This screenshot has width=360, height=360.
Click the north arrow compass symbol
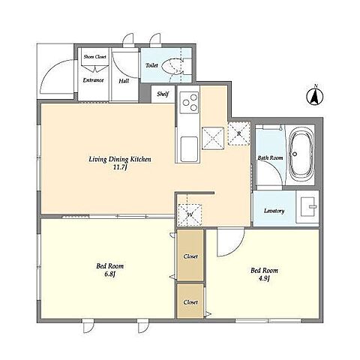(x=315, y=96)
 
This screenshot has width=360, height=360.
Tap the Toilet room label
(x=151, y=65)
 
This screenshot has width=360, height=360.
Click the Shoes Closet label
(x=95, y=57)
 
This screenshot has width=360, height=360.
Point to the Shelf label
(x=163, y=94)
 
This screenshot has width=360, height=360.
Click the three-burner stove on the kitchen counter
(x=189, y=103)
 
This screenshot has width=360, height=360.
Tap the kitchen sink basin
(x=189, y=148)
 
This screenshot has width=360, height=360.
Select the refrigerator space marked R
(x=239, y=133)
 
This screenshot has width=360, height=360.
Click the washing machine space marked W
(x=190, y=215)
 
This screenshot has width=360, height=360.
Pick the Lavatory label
(x=274, y=211)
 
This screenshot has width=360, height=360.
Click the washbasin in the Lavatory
(x=308, y=207)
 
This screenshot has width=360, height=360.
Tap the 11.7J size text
(x=120, y=167)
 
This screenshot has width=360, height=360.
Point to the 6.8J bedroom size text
(x=110, y=274)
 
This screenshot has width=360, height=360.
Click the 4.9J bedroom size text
(x=264, y=278)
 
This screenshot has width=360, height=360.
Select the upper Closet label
(x=190, y=256)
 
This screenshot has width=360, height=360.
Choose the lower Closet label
(x=190, y=302)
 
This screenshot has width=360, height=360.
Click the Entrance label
(x=93, y=80)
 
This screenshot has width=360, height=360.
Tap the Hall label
(x=124, y=81)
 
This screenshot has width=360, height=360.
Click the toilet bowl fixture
(x=172, y=66)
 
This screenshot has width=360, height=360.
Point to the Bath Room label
(x=271, y=158)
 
